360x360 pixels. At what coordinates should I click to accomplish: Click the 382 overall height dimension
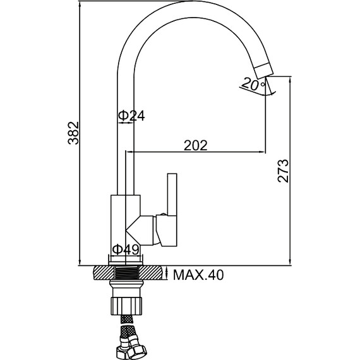(73, 133)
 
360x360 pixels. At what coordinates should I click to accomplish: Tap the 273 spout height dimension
(283, 171)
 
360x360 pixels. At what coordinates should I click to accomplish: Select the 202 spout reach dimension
(196, 145)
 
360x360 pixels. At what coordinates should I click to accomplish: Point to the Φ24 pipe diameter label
(131, 116)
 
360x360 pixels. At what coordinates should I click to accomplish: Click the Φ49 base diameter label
(126, 249)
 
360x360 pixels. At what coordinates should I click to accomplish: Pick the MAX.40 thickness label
(198, 275)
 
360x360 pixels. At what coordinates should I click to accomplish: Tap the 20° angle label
(253, 84)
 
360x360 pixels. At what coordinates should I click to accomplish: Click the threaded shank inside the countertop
(126, 273)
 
